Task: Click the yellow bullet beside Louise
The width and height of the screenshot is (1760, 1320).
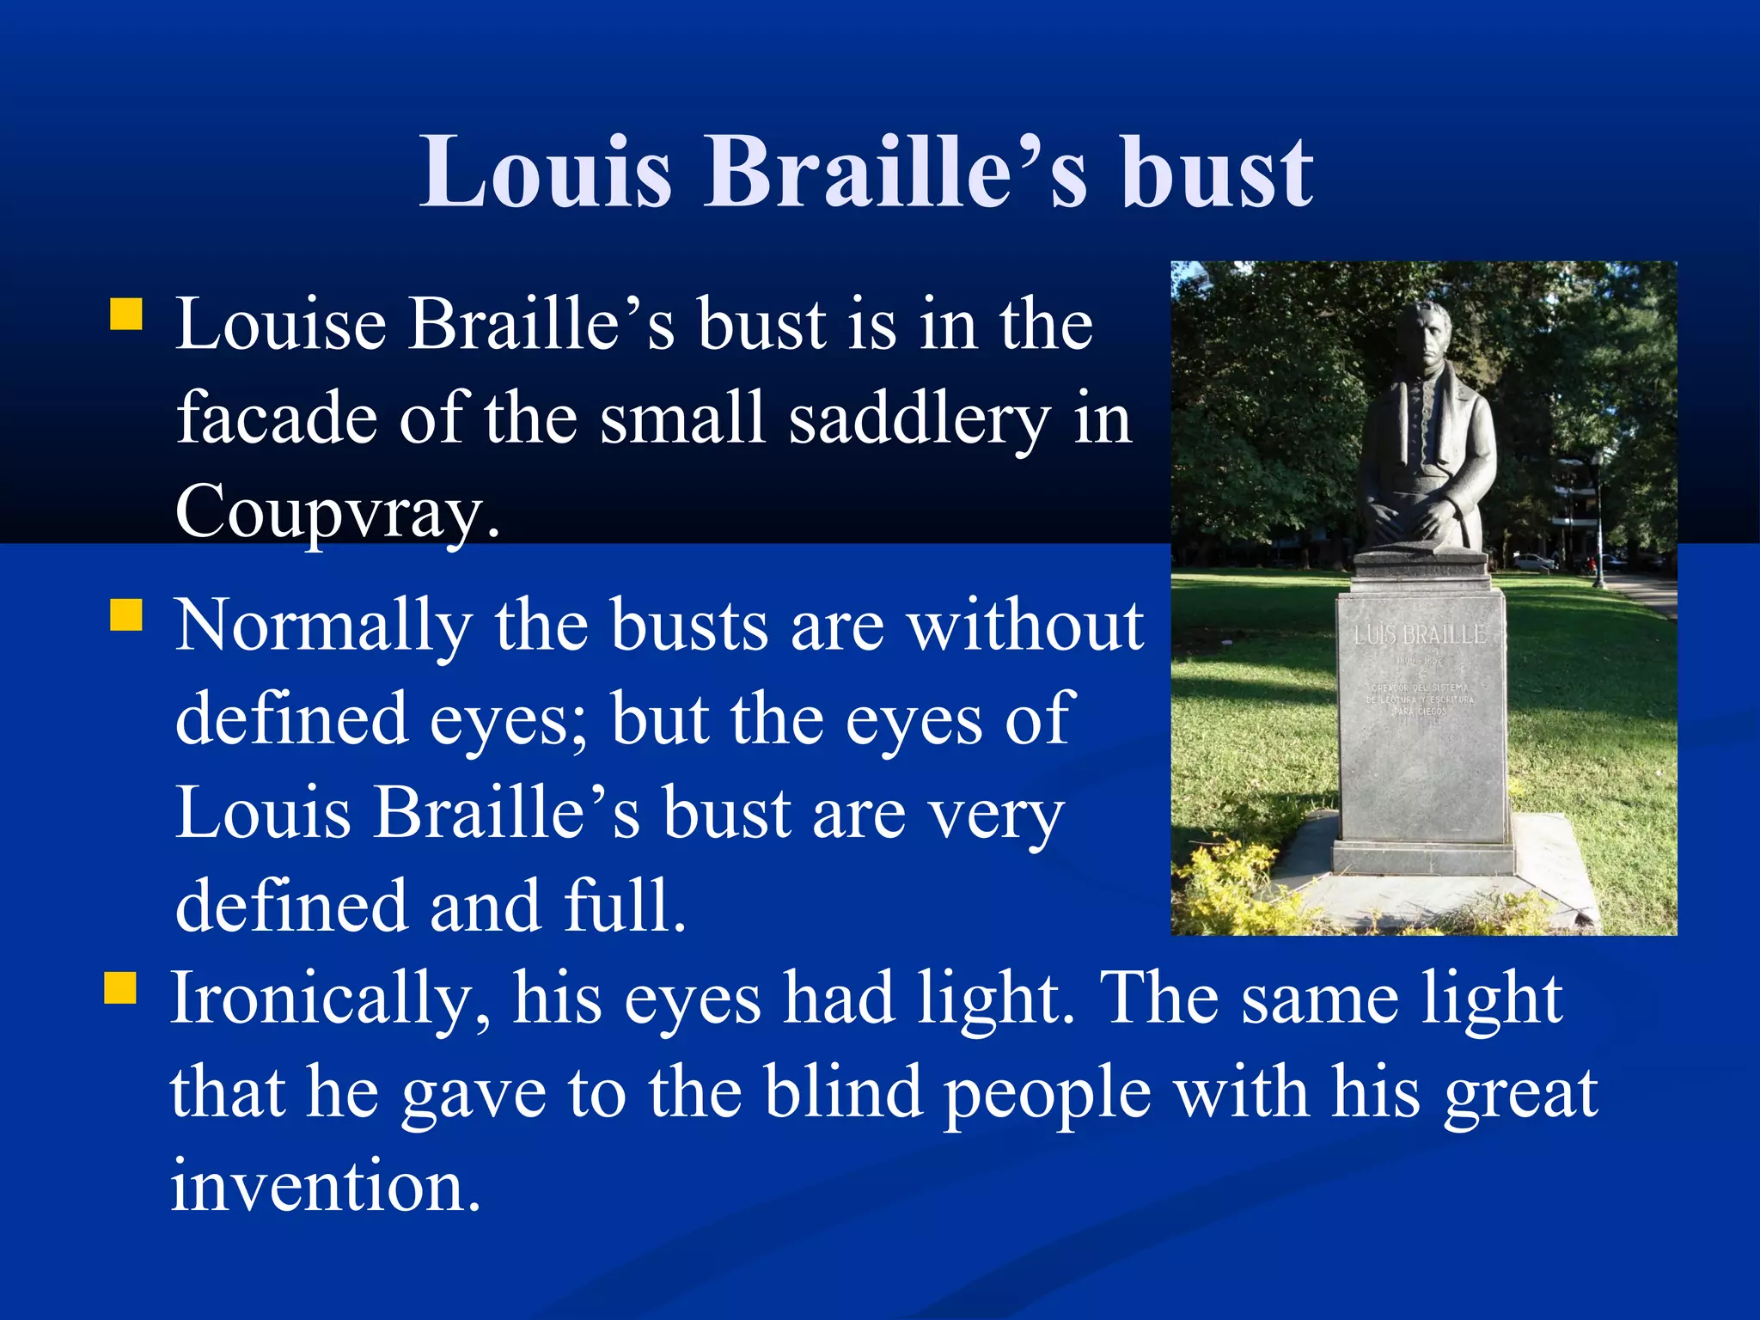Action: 126,315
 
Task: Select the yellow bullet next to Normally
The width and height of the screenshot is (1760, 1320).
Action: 126,615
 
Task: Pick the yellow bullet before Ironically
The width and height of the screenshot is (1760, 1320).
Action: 120,988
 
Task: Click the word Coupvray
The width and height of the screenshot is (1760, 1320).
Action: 337,510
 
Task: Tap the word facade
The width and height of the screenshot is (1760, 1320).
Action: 277,418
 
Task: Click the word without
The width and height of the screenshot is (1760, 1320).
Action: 1026,626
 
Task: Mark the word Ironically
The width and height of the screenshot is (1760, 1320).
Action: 330,999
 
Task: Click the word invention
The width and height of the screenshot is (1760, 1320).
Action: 325,1186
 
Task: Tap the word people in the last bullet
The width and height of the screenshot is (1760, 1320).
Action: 1048,1095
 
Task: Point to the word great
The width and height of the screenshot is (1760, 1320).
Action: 1520,1095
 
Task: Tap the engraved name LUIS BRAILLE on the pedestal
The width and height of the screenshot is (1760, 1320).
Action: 1420,636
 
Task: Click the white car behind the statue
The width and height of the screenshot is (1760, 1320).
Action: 1534,562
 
